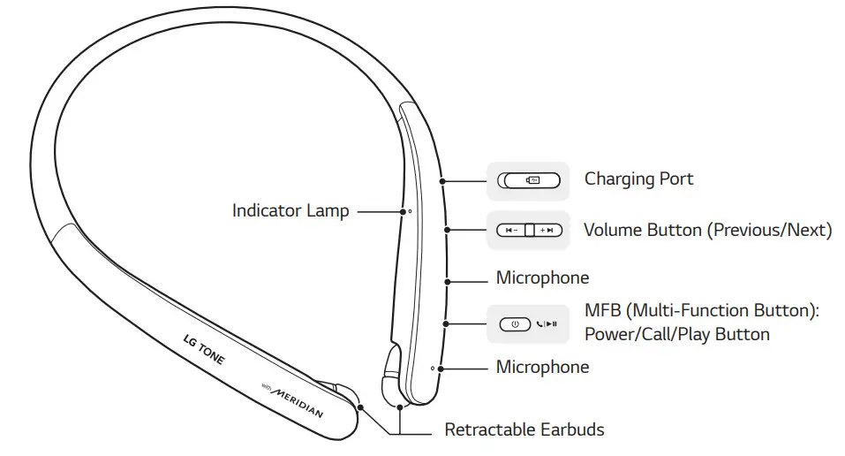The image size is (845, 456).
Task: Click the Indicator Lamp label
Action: [x=290, y=210]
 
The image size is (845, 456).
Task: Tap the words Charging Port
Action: [x=638, y=179]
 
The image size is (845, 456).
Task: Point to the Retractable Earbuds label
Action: [x=524, y=430]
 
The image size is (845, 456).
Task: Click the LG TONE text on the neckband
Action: [x=203, y=351]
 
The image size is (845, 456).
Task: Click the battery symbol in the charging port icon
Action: [x=533, y=180]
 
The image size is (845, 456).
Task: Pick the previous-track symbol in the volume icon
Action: [x=511, y=231]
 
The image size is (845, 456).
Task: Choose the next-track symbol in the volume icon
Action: [x=548, y=231]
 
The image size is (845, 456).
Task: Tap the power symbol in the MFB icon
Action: [x=516, y=324]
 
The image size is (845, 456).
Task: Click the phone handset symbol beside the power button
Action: [x=539, y=324]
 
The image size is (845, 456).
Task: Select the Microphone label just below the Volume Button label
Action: [x=542, y=277]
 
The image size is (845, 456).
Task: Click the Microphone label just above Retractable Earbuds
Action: [x=542, y=366]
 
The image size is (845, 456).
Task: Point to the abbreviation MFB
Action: [x=603, y=311]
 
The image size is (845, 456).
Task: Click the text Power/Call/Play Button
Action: [x=676, y=334]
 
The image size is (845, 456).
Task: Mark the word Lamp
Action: [x=329, y=210]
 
